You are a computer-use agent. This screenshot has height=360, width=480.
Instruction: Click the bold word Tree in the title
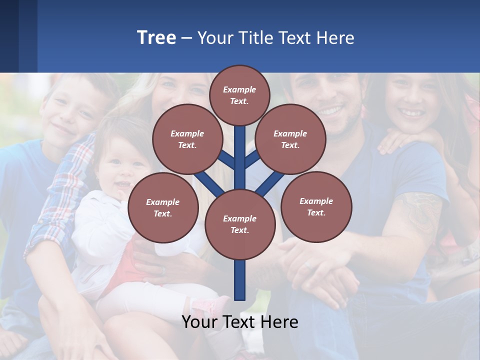pos(156,37)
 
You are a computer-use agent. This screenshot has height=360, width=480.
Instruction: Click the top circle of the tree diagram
pos(239,95)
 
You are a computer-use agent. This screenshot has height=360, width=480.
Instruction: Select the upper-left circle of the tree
pos(187,139)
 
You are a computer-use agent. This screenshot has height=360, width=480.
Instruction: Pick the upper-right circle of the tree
pos(290,139)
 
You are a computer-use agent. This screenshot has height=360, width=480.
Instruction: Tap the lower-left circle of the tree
pos(162,207)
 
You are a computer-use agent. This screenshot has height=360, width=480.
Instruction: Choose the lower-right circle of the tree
pos(316,206)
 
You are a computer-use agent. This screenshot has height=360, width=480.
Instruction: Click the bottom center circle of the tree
pos(239,224)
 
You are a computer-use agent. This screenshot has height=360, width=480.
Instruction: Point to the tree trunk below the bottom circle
pos(240,280)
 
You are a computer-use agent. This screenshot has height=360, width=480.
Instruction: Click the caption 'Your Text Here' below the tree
pos(239,322)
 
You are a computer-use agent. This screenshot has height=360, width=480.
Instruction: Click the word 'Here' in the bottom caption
pos(279,322)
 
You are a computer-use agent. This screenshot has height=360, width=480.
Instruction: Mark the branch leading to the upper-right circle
pos(252,159)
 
